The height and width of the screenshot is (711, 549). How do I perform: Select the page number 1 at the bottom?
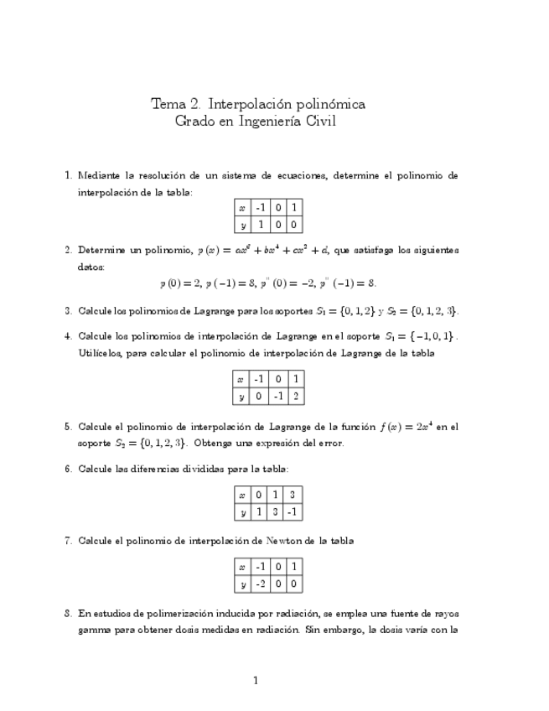pos(255,681)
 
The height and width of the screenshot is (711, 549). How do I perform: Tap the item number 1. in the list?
pos(69,175)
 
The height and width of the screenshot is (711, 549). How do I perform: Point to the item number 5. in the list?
pos(69,427)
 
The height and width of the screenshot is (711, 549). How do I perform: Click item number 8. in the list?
pos(69,614)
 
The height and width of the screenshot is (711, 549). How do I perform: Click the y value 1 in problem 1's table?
pos(260,224)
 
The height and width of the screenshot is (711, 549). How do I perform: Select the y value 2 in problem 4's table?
pos(294,396)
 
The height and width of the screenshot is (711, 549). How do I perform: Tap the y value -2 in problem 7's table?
pos(260,584)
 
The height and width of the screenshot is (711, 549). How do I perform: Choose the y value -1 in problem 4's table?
pos(277,396)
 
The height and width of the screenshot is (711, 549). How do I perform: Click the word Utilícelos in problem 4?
pos(99,353)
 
